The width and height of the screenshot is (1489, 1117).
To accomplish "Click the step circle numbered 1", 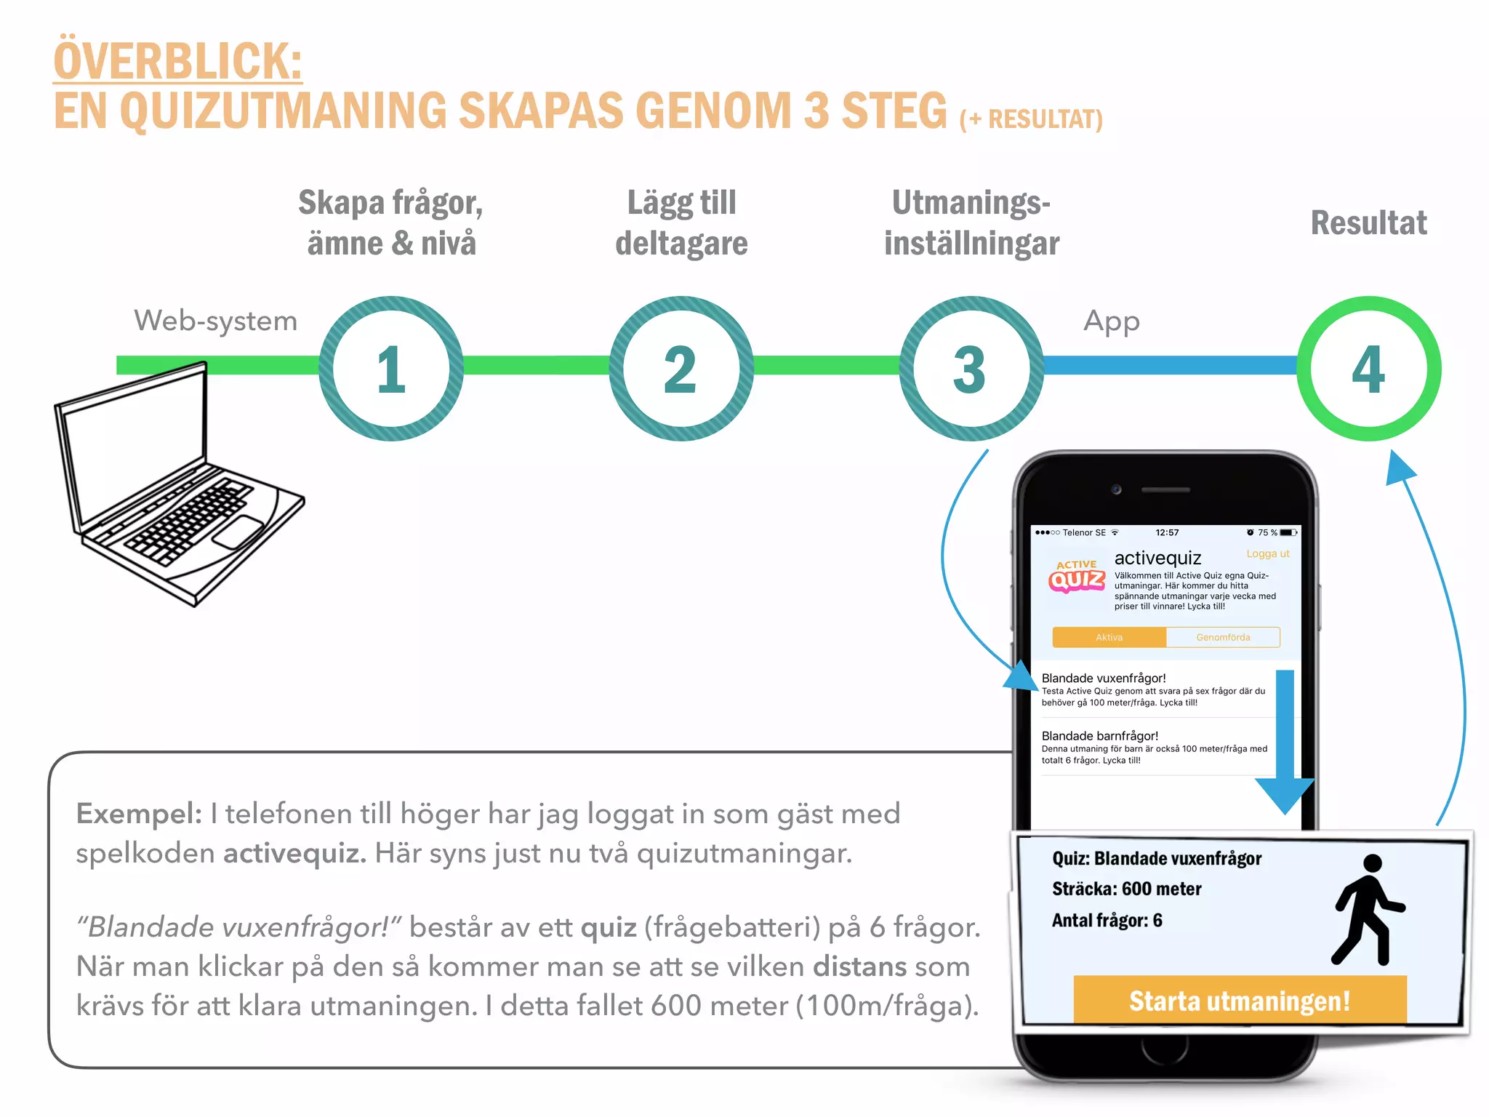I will click(x=391, y=369).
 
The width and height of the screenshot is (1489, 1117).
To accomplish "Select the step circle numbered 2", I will click(x=681, y=369).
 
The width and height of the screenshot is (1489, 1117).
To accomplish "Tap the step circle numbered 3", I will click(x=971, y=369).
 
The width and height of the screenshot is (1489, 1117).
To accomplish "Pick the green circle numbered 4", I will click(x=1368, y=369).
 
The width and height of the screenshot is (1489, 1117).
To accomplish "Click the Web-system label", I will click(x=215, y=321).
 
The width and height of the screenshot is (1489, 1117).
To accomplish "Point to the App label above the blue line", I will click(x=1111, y=321).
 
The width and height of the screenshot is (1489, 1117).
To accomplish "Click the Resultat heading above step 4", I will click(x=1368, y=223).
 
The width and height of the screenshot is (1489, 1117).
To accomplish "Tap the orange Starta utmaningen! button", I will click(x=1240, y=1001).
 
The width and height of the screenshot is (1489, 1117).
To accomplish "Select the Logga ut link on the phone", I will click(x=1267, y=553).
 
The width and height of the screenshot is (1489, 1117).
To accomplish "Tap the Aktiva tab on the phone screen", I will click(x=1109, y=638).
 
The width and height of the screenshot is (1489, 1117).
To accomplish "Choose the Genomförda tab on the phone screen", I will click(x=1223, y=638).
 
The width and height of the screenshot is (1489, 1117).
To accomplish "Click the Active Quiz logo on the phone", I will click(x=1077, y=577).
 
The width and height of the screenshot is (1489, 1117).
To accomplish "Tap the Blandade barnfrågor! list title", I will click(x=1099, y=736).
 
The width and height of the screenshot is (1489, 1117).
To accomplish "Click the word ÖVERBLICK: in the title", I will click(x=177, y=61).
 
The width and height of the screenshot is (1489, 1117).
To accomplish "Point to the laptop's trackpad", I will click(x=238, y=533).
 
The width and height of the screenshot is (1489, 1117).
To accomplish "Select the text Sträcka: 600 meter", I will click(x=1126, y=889).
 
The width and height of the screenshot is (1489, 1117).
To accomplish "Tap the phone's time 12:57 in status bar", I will click(x=1167, y=532).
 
